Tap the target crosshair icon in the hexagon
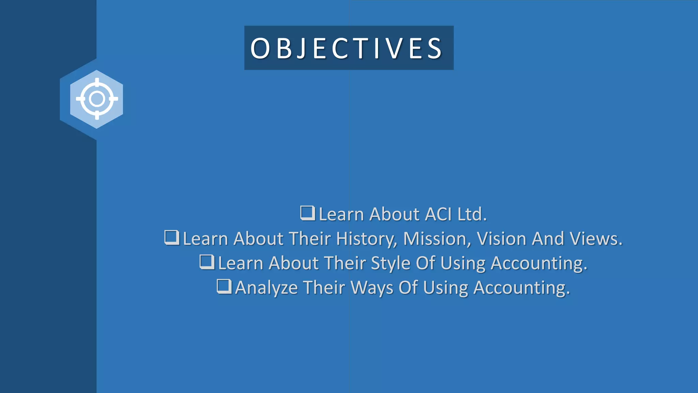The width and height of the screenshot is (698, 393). point(97,99)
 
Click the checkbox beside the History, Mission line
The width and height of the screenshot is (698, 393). point(171,237)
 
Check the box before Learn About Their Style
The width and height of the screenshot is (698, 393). point(207,262)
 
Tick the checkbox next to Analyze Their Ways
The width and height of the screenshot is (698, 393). point(224,287)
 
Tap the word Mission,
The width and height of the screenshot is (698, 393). point(437,239)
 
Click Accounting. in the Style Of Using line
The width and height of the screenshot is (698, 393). point(539,264)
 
